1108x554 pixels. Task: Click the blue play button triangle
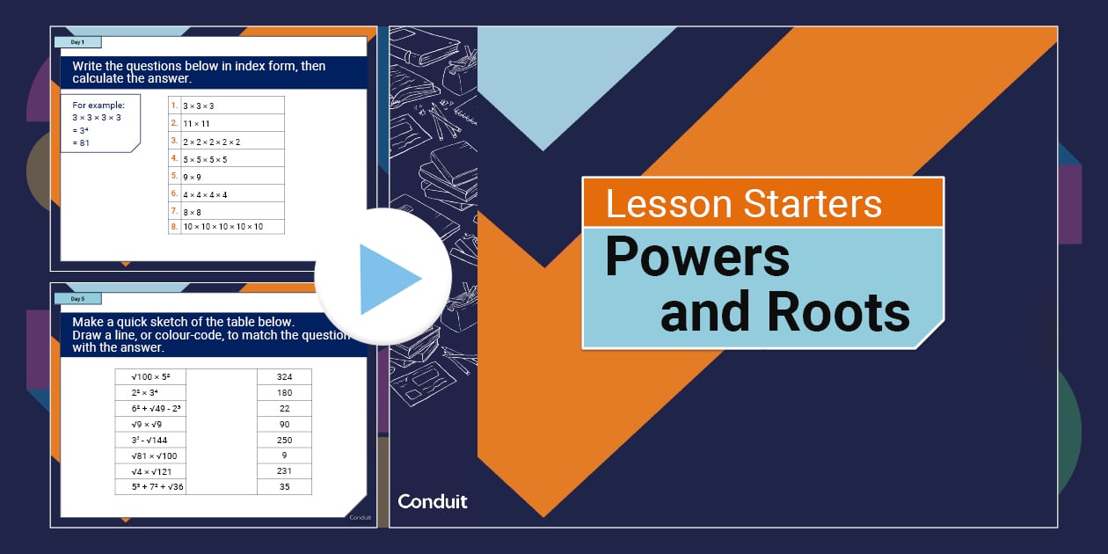pyautogui.click(x=389, y=279)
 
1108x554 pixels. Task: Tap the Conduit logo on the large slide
pyautogui.click(x=433, y=501)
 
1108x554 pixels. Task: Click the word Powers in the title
pyautogui.click(x=697, y=259)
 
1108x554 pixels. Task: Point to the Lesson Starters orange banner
pyautogui.click(x=762, y=203)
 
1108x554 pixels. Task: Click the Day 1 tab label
pyautogui.click(x=77, y=41)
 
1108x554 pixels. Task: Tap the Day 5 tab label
pyautogui.click(x=77, y=299)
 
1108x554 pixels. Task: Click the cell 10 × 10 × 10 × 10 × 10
pyautogui.click(x=222, y=227)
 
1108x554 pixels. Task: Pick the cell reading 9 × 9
pyautogui.click(x=193, y=177)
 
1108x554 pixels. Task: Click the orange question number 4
pyautogui.click(x=174, y=158)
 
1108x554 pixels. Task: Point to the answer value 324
pyautogui.click(x=284, y=376)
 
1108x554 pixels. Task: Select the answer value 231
pyautogui.click(x=284, y=471)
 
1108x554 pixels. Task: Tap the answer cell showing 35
pyautogui.click(x=284, y=486)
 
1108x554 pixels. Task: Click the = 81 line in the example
pyautogui.click(x=82, y=142)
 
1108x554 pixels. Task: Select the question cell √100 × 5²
pyautogui.click(x=150, y=376)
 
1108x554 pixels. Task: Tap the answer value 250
pyautogui.click(x=284, y=440)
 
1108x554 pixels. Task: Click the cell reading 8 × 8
pyautogui.click(x=193, y=211)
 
